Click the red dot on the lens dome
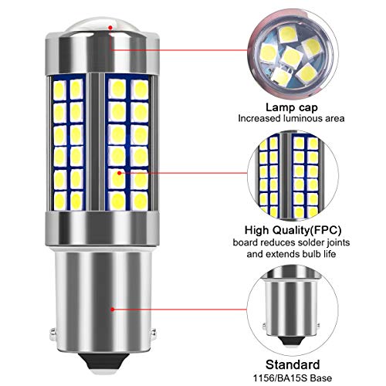(x=110, y=27)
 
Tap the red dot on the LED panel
(x=119, y=173)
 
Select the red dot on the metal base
(x=112, y=310)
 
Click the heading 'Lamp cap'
(x=292, y=107)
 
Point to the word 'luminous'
(x=300, y=118)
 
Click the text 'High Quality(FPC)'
(x=293, y=230)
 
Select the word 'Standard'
(x=293, y=364)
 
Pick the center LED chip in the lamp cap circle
(x=291, y=56)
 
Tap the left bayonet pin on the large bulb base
(x=52, y=332)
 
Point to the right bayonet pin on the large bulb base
(x=154, y=332)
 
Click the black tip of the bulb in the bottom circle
(x=293, y=340)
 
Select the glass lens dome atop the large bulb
(x=103, y=25)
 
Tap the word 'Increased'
(x=259, y=118)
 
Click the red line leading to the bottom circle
(x=179, y=310)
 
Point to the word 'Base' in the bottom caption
(x=321, y=378)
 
